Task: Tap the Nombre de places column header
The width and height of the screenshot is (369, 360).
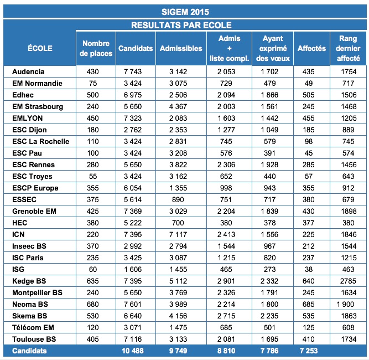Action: (96, 48)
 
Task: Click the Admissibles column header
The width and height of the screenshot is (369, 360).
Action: (181, 48)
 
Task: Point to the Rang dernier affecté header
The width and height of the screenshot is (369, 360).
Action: (349, 48)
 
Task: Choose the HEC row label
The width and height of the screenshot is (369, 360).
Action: (20, 223)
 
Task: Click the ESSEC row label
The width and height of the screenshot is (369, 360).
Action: (24, 199)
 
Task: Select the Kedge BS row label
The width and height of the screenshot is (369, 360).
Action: (28, 281)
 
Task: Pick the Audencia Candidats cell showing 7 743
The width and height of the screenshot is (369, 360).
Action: (136, 71)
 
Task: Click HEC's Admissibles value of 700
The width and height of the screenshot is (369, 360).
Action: (181, 223)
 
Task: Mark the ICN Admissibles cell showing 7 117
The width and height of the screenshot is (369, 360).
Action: (181, 234)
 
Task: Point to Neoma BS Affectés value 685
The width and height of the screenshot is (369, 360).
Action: (311, 304)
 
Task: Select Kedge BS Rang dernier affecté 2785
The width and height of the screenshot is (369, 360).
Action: (349, 281)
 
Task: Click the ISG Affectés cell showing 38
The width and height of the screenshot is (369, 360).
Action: (311, 269)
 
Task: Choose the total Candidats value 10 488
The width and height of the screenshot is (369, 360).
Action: (136, 351)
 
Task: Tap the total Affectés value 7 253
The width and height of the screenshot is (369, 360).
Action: (311, 351)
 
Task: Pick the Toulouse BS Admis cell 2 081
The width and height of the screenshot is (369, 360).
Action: (227, 339)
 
